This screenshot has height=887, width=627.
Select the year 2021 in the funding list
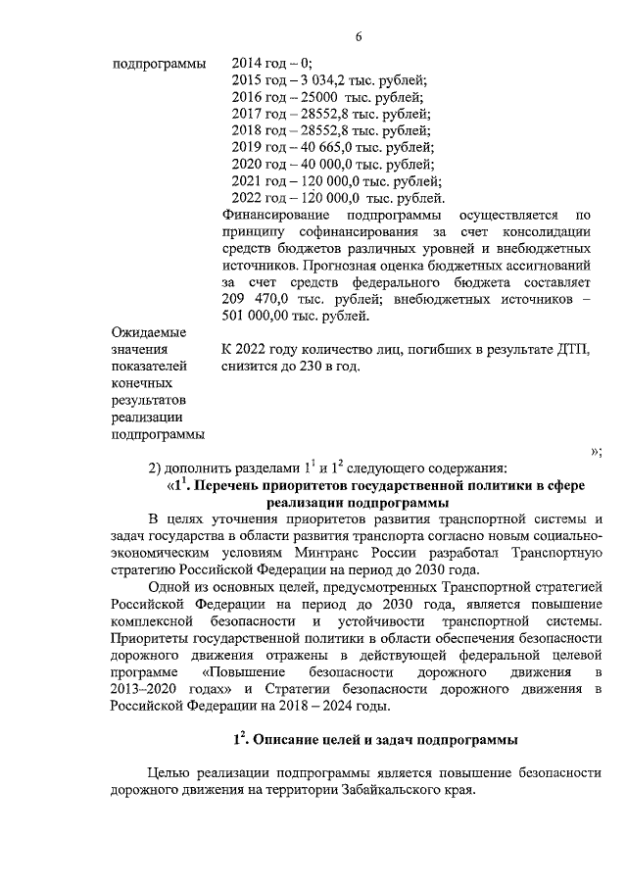click(x=247, y=180)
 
